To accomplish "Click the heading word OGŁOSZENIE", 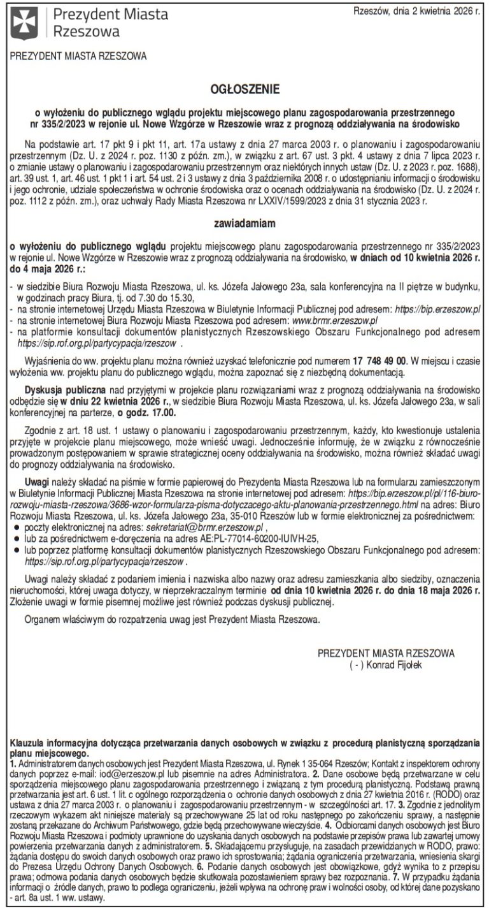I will click(245, 91).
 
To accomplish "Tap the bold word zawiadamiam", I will click(245, 224).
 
